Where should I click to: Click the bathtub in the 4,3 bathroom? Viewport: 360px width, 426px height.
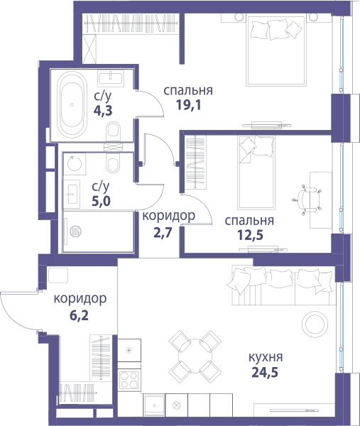point(72,104)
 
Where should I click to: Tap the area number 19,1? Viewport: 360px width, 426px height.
point(189,104)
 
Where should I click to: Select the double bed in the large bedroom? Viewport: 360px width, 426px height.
point(276,51)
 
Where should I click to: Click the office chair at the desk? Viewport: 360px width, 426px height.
point(308,200)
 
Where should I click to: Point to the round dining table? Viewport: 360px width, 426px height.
point(195,352)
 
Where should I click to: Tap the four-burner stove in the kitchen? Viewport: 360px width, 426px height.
point(129,379)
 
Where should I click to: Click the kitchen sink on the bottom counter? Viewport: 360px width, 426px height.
point(154,405)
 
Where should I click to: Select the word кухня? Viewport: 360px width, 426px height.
point(266,357)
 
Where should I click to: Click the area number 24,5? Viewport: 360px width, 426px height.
point(265,372)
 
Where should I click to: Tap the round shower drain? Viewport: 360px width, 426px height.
point(75,231)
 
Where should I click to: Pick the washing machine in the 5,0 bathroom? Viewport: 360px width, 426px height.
point(75,164)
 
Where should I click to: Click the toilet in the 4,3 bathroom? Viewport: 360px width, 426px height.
point(114,131)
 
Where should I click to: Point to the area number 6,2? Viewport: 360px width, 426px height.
point(79,315)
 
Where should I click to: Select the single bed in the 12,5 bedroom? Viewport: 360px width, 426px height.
point(256,173)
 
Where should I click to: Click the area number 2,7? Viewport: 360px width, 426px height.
point(163,233)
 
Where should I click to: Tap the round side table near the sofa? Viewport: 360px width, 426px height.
point(315,324)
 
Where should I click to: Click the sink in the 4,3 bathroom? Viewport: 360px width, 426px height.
point(111,77)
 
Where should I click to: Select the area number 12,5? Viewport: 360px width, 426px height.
point(250,235)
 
